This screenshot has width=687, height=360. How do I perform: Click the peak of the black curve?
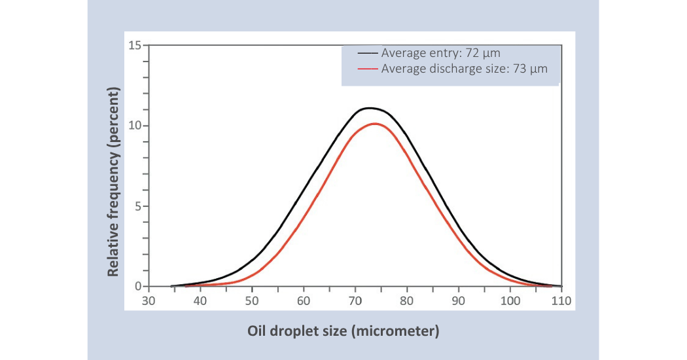click(x=369, y=108)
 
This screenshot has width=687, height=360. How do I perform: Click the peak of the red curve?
click(x=374, y=124)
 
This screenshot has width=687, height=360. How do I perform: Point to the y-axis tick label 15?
click(x=135, y=45)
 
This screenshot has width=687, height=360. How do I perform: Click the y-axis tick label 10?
click(x=135, y=126)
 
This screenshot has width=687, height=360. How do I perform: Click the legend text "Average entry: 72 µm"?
click(x=440, y=53)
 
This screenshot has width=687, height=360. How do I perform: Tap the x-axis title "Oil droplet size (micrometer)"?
click(x=343, y=332)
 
